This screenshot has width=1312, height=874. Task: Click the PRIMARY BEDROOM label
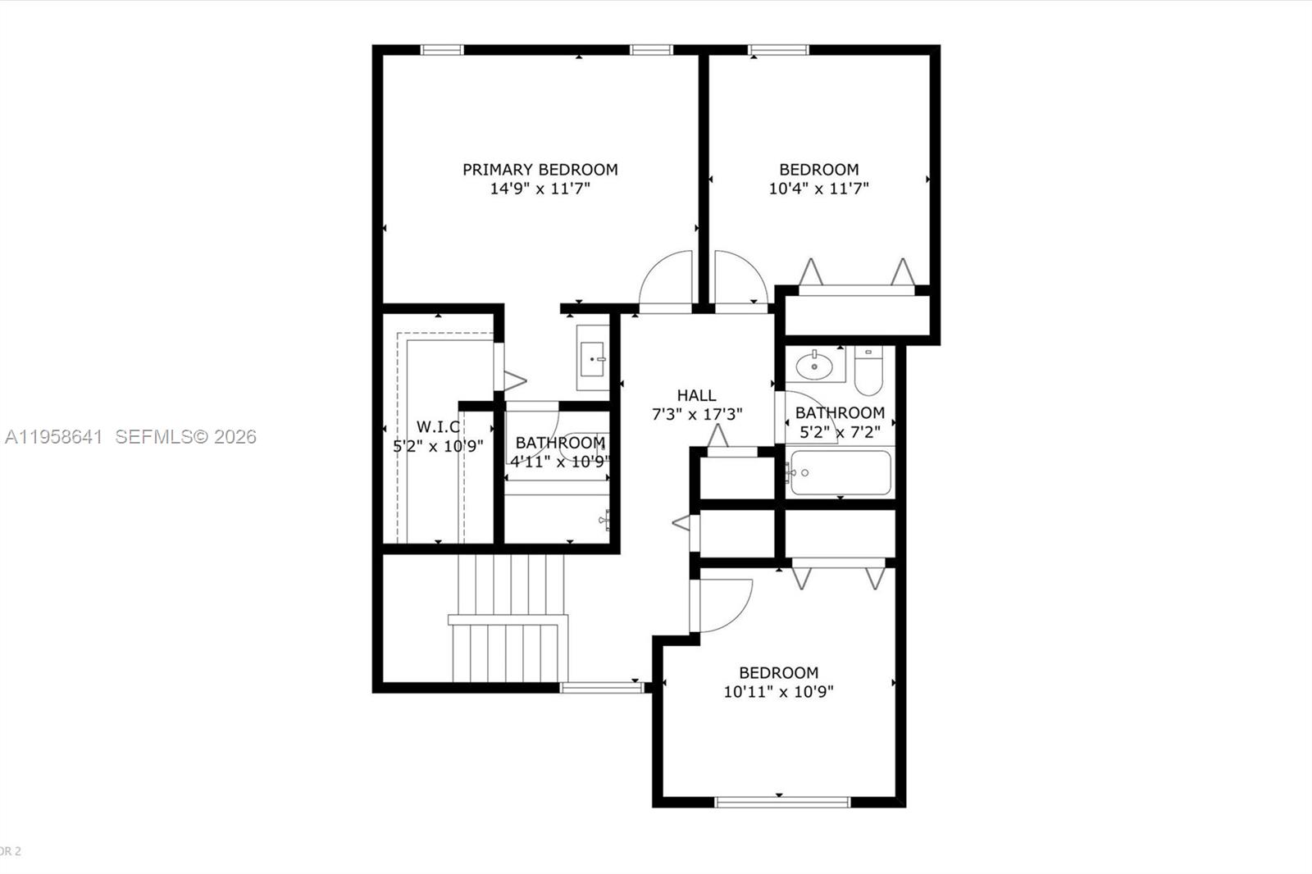[x=540, y=170]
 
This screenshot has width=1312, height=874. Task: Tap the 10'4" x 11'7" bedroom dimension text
[x=818, y=189]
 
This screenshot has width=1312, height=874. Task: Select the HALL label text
[x=696, y=395]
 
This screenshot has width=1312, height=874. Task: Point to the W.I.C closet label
[x=438, y=426]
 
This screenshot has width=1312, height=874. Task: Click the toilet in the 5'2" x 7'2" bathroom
[x=868, y=372]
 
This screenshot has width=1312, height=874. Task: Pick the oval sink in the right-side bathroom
[x=814, y=366]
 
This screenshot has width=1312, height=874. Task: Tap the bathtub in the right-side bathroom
[x=840, y=473]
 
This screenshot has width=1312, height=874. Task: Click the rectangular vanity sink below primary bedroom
[x=593, y=358]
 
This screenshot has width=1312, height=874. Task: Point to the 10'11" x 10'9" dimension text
[x=778, y=692]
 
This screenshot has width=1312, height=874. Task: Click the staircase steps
[x=509, y=619]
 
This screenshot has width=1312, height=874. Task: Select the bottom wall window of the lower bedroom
[x=782, y=802]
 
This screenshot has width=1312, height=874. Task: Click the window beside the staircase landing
[x=602, y=688]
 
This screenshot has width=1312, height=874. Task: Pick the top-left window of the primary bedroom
[x=442, y=50]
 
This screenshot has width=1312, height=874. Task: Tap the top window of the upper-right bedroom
[x=778, y=50]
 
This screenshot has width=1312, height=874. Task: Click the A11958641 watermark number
[x=53, y=437]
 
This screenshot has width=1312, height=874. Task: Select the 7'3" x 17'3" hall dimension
[x=697, y=415]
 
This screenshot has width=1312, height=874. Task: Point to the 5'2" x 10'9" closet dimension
[x=438, y=446]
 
